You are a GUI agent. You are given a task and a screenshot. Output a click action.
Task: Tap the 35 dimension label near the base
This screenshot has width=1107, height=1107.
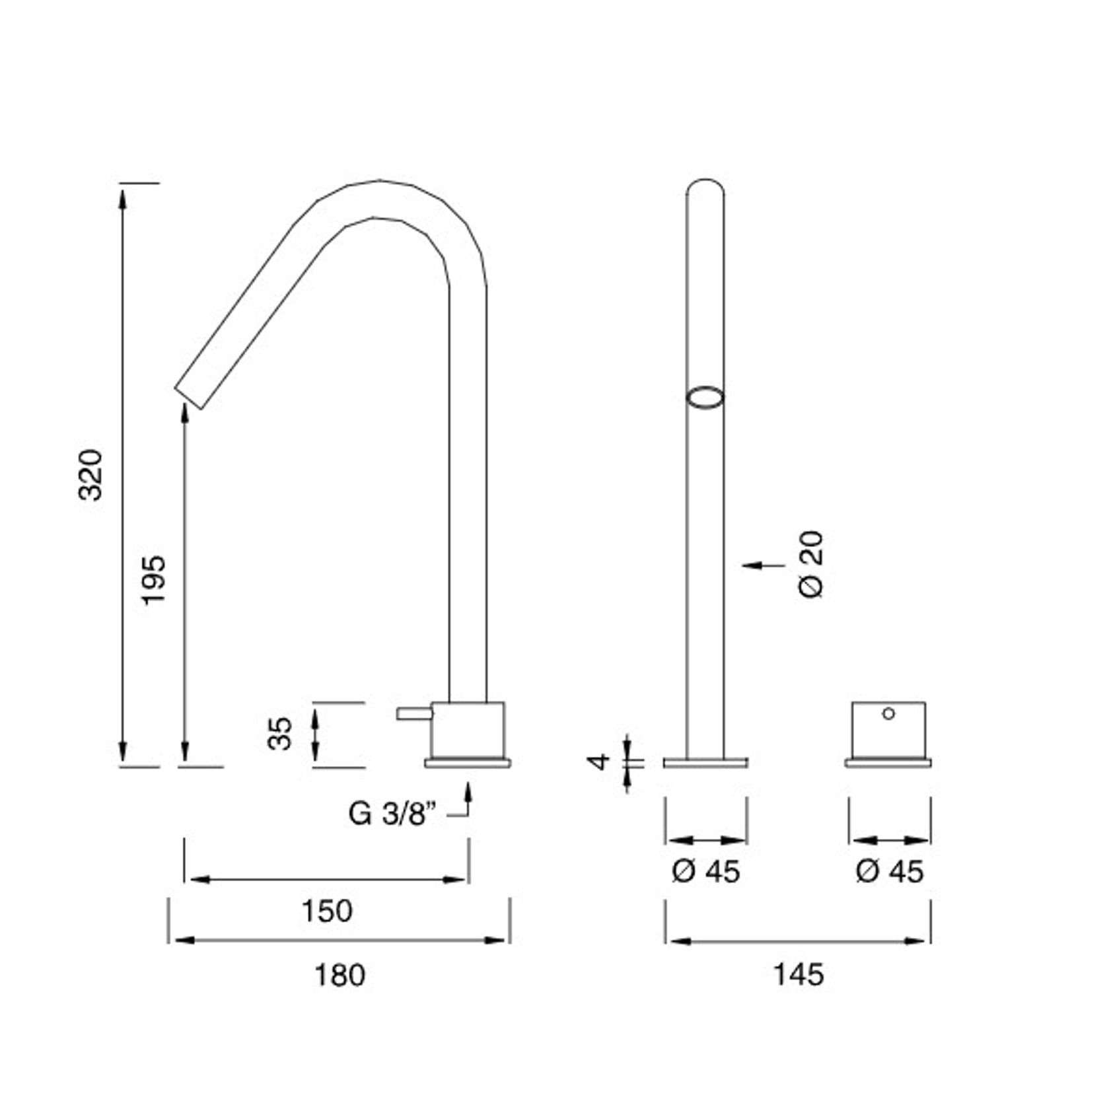280,733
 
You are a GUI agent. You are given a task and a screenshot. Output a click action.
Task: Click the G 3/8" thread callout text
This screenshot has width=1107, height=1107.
393,814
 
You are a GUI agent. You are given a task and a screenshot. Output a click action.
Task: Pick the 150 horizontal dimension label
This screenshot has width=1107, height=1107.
327,911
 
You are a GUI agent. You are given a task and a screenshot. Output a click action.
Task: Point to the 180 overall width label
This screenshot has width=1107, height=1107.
339,975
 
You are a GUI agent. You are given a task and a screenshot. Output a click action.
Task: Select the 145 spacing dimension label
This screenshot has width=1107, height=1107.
798,975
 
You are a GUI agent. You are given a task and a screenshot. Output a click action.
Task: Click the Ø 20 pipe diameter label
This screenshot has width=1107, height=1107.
812,565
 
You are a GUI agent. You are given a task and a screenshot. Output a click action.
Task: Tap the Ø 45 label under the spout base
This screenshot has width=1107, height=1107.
705,872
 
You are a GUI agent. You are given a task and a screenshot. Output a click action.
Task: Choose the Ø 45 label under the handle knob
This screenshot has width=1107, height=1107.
889,872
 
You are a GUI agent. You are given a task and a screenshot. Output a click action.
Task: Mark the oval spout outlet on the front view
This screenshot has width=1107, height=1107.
705,398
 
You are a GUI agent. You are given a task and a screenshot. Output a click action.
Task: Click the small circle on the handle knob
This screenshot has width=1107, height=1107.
888,713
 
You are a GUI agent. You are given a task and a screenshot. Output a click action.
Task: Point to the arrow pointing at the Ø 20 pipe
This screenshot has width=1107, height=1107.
762,565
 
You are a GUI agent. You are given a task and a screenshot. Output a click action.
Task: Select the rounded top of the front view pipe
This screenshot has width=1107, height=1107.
705,184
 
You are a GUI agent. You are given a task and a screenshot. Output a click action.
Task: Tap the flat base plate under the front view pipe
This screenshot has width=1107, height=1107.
705,763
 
